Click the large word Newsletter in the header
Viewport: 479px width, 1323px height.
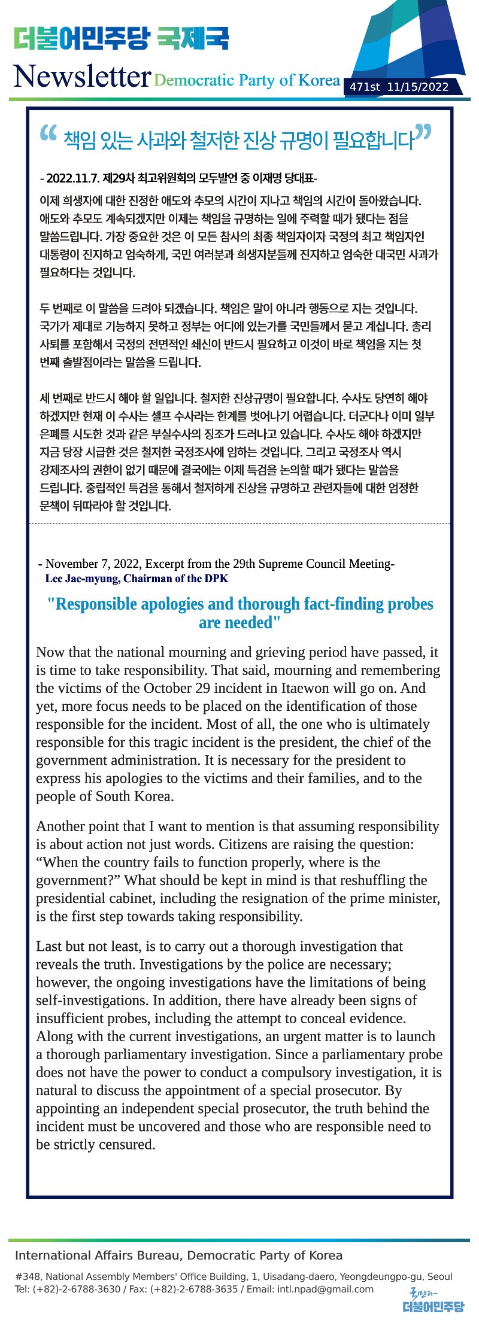[x=81, y=77]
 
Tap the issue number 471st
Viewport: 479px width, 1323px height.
[x=365, y=87]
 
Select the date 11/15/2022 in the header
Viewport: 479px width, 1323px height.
[x=417, y=87]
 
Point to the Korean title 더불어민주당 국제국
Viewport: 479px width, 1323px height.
[x=121, y=39]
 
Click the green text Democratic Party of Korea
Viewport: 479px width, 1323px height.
[x=247, y=80]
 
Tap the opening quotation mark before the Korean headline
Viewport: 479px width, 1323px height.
[x=48, y=134]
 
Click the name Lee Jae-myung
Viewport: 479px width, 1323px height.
[x=83, y=579]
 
